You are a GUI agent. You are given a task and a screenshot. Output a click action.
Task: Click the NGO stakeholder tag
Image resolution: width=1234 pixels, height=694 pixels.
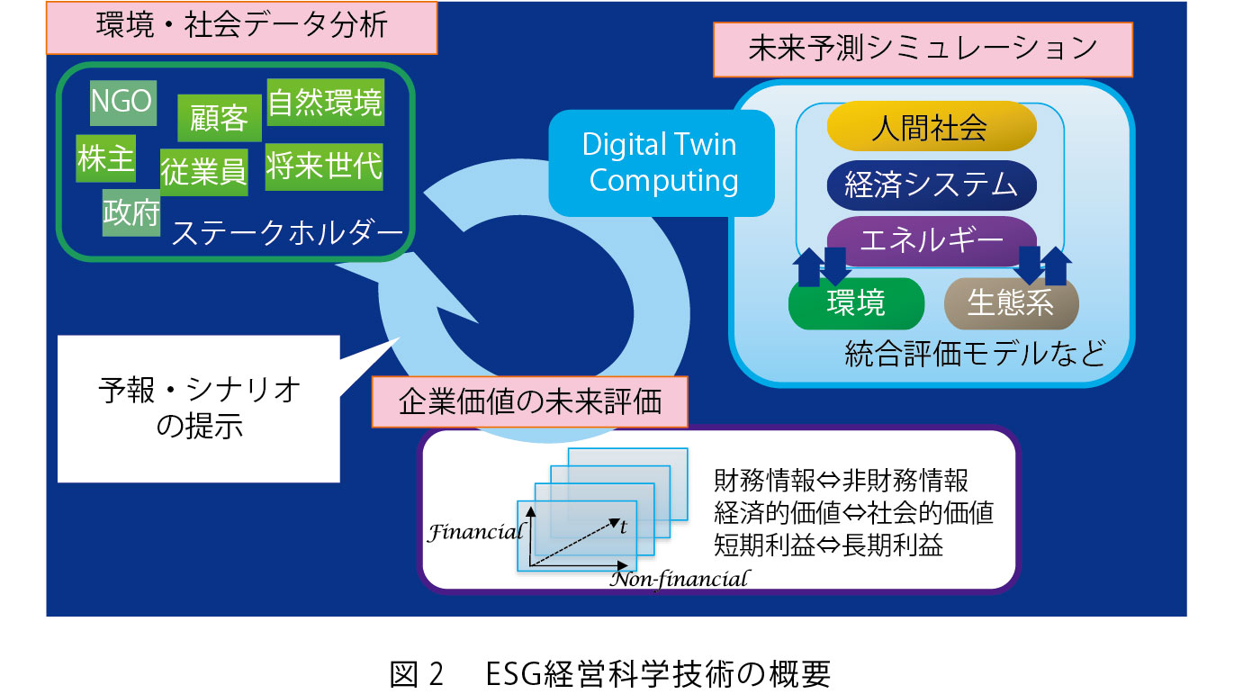click(x=123, y=103)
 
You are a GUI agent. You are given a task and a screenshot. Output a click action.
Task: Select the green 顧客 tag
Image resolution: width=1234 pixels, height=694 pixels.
click(x=220, y=118)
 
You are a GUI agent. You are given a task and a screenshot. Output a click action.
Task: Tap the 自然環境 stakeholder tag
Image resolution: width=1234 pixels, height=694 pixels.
click(x=326, y=103)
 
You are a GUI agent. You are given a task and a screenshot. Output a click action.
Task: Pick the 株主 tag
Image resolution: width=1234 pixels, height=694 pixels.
click(x=106, y=158)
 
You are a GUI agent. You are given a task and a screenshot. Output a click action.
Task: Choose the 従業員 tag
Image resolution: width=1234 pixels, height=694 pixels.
click(x=203, y=172)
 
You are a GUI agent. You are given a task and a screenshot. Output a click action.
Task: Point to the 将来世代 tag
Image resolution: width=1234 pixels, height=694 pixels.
click(x=324, y=167)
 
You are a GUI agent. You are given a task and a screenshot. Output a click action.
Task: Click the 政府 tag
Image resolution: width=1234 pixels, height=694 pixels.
click(x=131, y=213)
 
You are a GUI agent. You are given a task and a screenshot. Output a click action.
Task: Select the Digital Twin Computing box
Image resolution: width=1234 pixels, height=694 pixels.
click(x=662, y=163)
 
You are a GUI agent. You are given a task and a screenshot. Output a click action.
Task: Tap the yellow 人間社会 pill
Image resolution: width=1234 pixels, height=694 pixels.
click(x=932, y=126)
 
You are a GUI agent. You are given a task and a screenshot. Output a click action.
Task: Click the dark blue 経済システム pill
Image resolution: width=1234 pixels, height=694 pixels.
click(x=932, y=185)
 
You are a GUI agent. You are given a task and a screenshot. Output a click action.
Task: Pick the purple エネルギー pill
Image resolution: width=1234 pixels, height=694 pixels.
click(x=932, y=240)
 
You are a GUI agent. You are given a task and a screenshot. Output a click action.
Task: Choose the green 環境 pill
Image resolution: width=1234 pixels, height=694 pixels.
click(x=856, y=303)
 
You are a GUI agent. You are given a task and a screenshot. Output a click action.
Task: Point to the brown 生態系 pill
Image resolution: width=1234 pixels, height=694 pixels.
click(x=1011, y=303)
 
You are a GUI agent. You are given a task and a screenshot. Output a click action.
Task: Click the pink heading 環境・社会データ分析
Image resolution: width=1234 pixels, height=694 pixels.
click(x=242, y=28)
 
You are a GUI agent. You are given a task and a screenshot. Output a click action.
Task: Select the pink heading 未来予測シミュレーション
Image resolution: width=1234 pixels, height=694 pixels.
click(x=923, y=50)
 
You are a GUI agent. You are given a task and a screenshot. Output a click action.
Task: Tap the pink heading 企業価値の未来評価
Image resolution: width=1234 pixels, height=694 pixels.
click(x=529, y=402)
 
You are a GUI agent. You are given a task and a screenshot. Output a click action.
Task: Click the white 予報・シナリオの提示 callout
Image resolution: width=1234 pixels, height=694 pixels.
click(x=199, y=409)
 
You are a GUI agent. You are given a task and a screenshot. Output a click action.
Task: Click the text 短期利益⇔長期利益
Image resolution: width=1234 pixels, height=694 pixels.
click(x=828, y=545)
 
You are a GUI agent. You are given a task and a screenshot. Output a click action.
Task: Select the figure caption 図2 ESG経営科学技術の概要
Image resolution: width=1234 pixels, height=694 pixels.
click(x=610, y=673)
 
